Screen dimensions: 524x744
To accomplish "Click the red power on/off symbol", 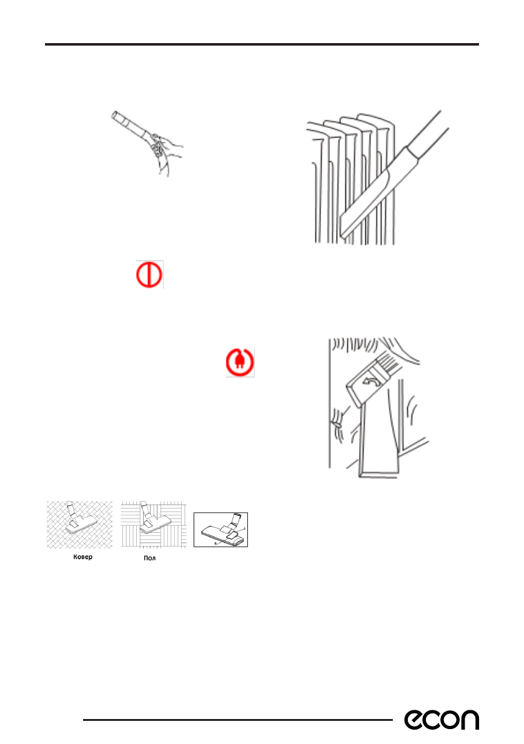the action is [x=149, y=275].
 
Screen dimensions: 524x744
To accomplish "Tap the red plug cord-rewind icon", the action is [x=240, y=362].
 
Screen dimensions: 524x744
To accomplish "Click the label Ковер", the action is [x=83, y=557].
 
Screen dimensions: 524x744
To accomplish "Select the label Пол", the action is [x=150, y=558].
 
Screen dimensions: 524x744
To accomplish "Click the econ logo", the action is [x=442, y=720].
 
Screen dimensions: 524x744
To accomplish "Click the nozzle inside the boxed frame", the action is [x=223, y=530].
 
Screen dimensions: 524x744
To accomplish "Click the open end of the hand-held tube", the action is [x=115, y=116].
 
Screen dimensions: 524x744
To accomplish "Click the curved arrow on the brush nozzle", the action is [x=369, y=380].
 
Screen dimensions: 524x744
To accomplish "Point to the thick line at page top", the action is [x=262, y=44].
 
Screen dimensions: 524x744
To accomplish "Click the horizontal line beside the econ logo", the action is [x=238, y=720].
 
